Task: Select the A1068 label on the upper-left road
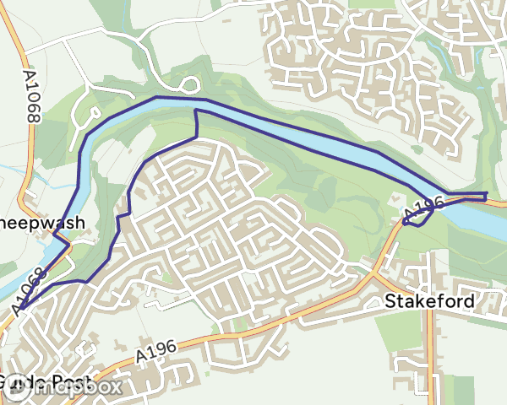coord(31,96)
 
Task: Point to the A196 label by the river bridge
coord(425,205)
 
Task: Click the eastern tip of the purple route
coord(487,197)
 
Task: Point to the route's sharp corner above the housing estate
coord(196,111)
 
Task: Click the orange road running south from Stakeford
coord(434,354)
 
